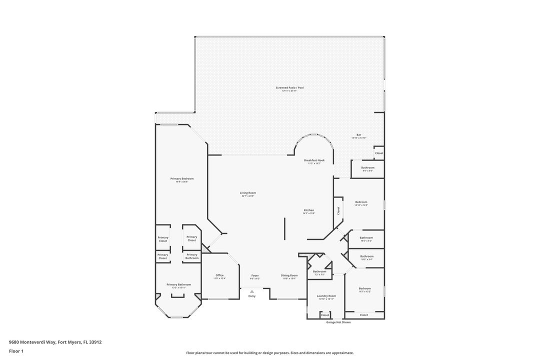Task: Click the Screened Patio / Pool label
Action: [x=289, y=87]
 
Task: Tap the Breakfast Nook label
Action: [x=314, y=160]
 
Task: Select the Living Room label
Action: [x=248, y=192]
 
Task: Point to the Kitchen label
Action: [x=309, y=210]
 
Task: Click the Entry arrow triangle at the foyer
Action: [x=252, y=291]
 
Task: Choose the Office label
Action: [x=219, y=275]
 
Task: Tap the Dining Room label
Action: [x=289, y=275]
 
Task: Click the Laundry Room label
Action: [x=326, y=295]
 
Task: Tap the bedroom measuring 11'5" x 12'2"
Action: [x=364, y=289]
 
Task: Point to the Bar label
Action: [x=358, y=135]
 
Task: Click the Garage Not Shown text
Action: [x=338, y=322]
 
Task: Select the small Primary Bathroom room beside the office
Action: [x=192, y=256]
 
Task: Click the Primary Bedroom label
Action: [x=181, y=178]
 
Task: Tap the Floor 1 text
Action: [x=16, y=351]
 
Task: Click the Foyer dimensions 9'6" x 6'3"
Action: [x=255, y=278]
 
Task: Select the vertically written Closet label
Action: [x=338, y=210]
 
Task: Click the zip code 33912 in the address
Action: [x=95, y=342]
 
